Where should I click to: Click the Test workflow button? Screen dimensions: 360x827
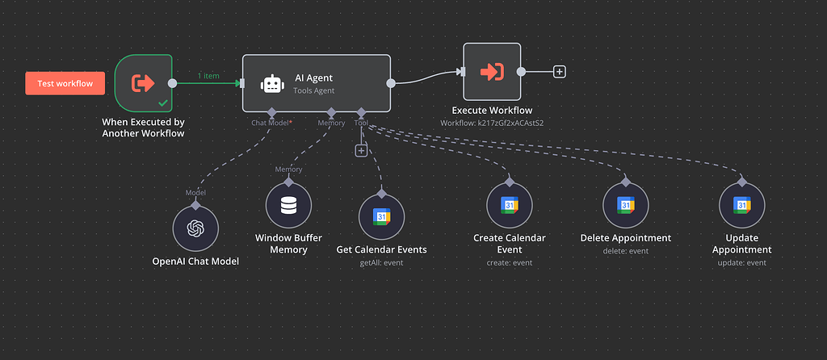pos(65,83)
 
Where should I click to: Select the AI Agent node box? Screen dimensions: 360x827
pos(317,83)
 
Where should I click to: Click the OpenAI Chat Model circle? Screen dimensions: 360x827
pos(195,228)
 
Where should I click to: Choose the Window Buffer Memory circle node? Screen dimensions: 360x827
pos(288,206)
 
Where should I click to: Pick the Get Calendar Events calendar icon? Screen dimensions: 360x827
pos(381,216)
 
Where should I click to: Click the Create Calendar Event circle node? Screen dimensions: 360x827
pos(509,205)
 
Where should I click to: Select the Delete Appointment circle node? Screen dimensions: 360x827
pos(626,206)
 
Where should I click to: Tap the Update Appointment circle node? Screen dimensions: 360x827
pos(741,206)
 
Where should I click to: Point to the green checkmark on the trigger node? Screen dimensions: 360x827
pos(163,103)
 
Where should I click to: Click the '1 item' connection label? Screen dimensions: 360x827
pos(208,76)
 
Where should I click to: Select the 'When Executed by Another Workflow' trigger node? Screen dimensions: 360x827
pos(143,83)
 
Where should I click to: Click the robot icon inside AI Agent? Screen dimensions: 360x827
pos(272,84)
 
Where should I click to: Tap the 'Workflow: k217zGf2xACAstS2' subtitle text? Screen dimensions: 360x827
pos(492,123)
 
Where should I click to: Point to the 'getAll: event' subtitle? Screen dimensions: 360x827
pos(381,262)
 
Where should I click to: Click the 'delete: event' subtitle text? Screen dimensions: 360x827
pos(626,251)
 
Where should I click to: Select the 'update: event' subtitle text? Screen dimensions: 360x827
pos(741,262)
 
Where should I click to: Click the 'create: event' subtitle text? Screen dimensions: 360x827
pos(509,262)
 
